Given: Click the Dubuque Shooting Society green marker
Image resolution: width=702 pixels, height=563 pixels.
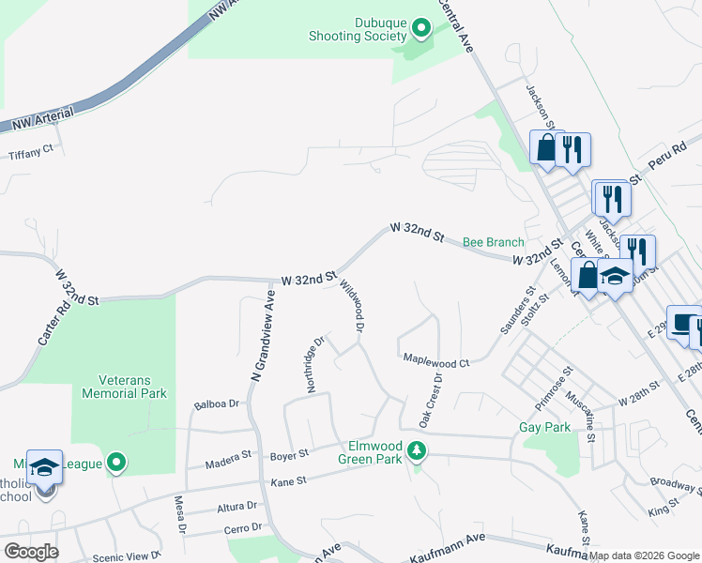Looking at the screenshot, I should tap(421, 30).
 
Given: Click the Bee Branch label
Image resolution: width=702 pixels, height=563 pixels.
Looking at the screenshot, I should tap(494, 242).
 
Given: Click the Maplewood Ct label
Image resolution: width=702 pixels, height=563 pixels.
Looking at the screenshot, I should tap(435, 361).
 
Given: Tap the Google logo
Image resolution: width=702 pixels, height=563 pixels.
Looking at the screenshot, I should tap(30, 551).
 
